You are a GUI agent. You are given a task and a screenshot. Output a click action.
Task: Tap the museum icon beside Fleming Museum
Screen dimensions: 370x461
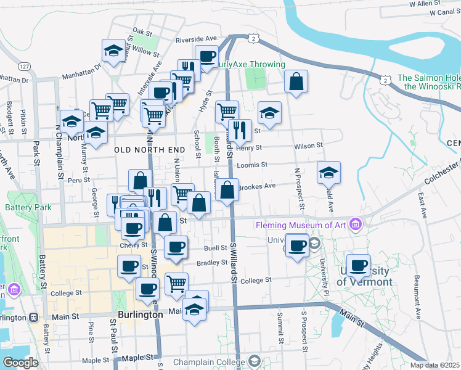click(355, 224)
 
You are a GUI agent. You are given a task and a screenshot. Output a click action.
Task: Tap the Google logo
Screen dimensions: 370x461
click(20, 362)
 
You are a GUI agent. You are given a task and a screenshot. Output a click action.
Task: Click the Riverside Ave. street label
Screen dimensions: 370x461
click(197, 39)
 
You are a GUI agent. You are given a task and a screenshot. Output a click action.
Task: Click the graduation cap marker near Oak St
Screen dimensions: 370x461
click(114, 51)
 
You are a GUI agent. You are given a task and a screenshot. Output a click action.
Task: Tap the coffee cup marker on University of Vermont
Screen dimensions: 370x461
click(358, 266)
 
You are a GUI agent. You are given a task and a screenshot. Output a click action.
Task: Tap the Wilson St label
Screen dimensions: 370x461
click(308, 146)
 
